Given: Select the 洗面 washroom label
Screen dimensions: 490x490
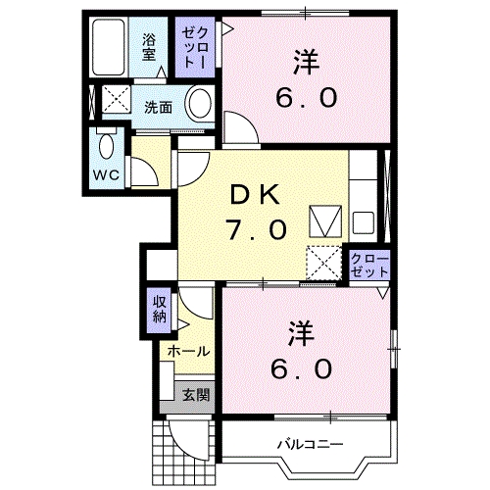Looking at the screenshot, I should coord(159,107).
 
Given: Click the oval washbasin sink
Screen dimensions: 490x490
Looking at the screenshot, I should coord(200,104).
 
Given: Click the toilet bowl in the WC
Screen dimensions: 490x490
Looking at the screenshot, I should coord(107,148).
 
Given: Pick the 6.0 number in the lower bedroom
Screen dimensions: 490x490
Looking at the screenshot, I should coord(302,368).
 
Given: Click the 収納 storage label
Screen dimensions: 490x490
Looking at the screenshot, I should coord(159,310).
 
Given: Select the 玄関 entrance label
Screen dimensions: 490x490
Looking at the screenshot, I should coord(195,396).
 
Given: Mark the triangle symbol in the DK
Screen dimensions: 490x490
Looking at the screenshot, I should coord(322,220).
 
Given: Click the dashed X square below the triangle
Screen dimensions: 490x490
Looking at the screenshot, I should coord(322,263).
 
